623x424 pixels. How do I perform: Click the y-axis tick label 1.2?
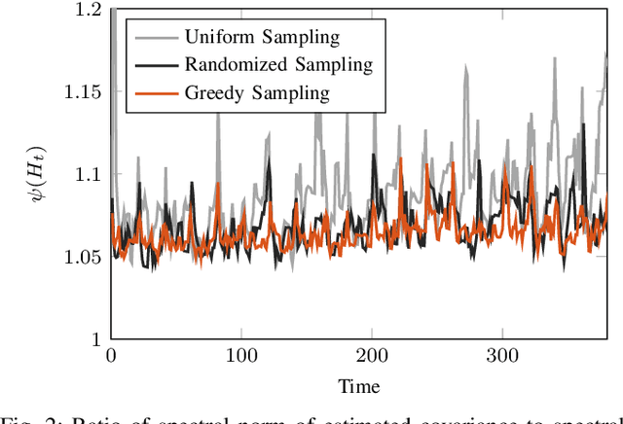click(x=87, y=10)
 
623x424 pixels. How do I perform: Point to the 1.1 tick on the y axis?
click(x=87, y=174)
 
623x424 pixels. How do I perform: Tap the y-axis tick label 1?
click(x=94, y=339)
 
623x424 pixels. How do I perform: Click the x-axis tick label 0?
click(x=110, y=356)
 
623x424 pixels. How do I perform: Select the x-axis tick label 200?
click(x=372, y=356)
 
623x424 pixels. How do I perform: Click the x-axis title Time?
click(x=358, y=386)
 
